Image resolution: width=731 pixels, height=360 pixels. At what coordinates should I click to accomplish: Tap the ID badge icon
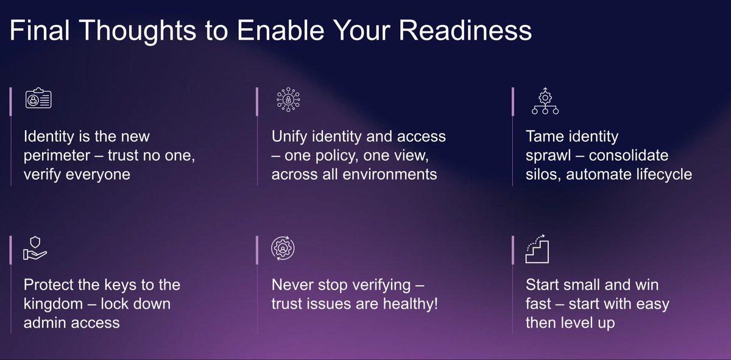38,99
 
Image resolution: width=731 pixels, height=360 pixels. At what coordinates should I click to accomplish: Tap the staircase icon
538,248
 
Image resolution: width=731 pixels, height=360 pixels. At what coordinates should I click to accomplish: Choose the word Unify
291,136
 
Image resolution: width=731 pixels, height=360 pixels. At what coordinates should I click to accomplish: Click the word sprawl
548,155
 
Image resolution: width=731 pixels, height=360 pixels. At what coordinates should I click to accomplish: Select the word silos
541,174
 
